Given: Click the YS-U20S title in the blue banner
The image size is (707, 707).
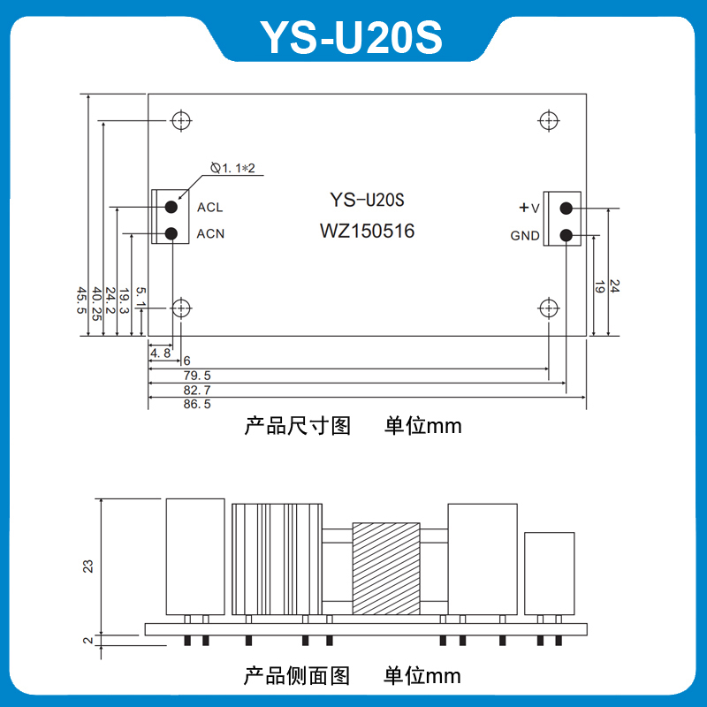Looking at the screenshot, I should pyautogui.click(x=351, y=37).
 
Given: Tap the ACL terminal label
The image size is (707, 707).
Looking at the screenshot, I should pyautogui.click(x=209, y=208).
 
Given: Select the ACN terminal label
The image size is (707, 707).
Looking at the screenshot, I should pyautogui.click(x=209, y=234).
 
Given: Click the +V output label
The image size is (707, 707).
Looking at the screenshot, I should pyautogui.click(x=528, y=208).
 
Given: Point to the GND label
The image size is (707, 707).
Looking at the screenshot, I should pyautogui.click(x=525, y=236).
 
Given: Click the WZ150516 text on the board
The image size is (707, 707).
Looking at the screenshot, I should pyautogui.click(x=367, y=232).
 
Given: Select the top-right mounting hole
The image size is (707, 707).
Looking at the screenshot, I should pyautogui.click(x=548, y=119).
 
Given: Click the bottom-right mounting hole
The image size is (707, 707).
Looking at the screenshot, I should pyautogui.click(x=548, y=308).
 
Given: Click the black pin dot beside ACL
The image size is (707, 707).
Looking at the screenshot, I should pyautogui.click(x=172, y=208).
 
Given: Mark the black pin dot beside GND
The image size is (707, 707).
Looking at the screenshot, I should pyautogui.click(x=566, y=235).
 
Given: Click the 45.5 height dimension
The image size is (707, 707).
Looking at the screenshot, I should pyautogui.click(x=81, y=300).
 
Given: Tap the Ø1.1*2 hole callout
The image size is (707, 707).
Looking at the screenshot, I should pyautogui.click(x=233, y=167).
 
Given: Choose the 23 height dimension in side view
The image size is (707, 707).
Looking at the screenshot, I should pyautogui.click(x=87, y=566).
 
